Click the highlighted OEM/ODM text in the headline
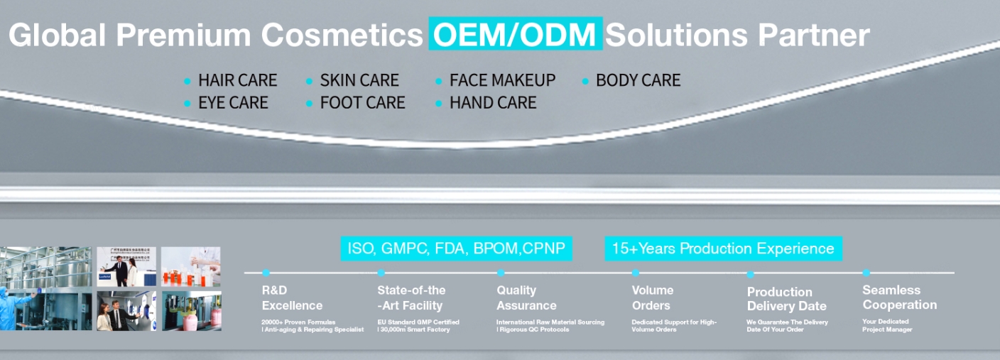click(515, 34)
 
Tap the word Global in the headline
click(57, 35)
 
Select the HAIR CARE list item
click(237, 80)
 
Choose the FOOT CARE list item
click(362, 103)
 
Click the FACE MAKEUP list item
click(502, 80)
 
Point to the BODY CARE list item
click(638, 80)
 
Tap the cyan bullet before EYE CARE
click(187, 104)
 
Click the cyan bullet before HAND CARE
click(439, 104)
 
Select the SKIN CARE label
click(359, 80)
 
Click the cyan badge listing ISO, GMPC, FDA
click(456, 249)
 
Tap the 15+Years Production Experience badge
click(723, 249)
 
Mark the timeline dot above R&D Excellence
click(266, 273)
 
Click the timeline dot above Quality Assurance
click(501, 273)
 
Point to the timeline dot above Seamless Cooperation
click(866, 273)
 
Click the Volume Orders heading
click(651, 298)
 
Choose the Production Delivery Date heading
click(786, 299)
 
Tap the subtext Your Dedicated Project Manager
click(887, 326)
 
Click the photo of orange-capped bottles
click(190, 266)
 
